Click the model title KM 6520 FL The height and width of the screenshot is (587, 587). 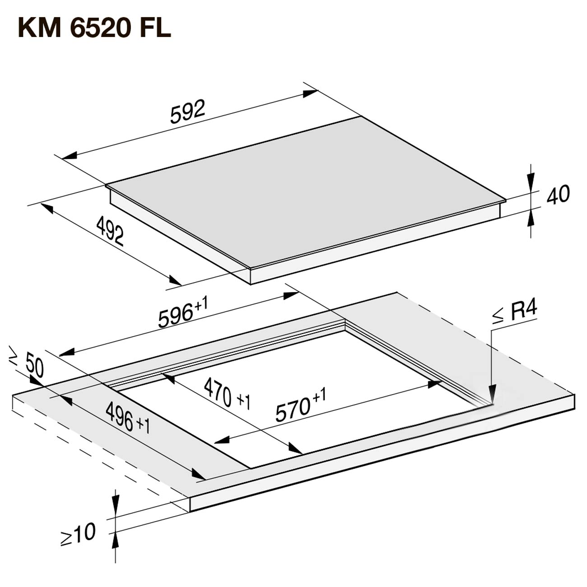(x=94, y=28)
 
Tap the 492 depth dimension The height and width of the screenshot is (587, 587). (x=110, y=231)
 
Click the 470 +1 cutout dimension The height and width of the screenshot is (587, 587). (x=227, y=394)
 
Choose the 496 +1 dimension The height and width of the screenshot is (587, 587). (x=128, y=418)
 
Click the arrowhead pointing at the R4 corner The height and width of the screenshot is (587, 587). (x=492, y=395)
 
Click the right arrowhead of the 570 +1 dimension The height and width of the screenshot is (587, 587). (x=435, y=384)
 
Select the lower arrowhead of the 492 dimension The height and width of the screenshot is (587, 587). (x=175, y=280)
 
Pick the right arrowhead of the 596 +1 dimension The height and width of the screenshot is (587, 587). (x=291, y=295)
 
